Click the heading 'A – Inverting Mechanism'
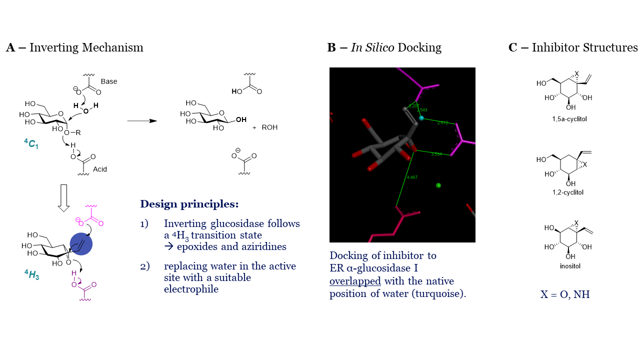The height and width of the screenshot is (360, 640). [74, 48]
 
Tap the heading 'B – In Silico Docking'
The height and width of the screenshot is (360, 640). [384, 48]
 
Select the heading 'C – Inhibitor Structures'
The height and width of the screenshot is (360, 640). [573, 48]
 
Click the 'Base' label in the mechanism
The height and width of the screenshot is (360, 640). [109, 81]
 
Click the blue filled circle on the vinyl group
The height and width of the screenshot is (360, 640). [81, 244]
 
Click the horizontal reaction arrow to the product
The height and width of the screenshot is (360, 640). [141, 121]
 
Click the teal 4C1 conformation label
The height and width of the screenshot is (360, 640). [31, 145]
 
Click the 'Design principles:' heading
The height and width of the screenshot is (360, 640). [189, 204]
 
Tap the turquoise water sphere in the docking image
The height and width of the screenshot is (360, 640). [421, 118]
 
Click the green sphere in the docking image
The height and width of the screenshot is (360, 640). [438, 185]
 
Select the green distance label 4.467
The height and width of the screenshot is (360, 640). [412, 177]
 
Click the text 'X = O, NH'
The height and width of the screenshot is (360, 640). [565, 294]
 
